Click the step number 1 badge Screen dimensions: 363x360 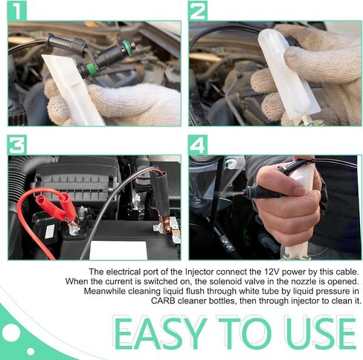pos(17,11)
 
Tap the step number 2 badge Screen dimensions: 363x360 pos(198,11)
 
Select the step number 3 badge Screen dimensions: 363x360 pos(17,145)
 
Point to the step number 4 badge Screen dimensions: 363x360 pos(198,145)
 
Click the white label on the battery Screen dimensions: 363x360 pos(118,250)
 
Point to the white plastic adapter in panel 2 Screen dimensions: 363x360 pos(289,76)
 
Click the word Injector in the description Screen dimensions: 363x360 pos(199,272)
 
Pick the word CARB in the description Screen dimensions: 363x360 pos(163,301)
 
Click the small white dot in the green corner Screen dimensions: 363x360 pos(30,351)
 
